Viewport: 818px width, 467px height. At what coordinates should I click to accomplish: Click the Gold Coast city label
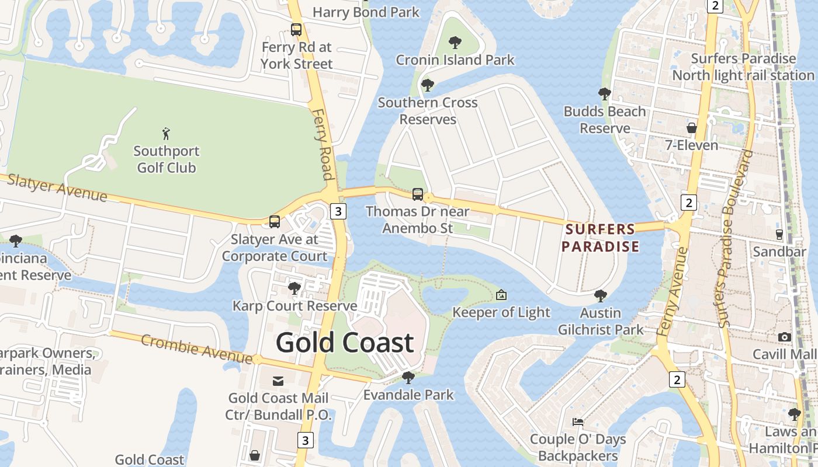[x=345, y=343]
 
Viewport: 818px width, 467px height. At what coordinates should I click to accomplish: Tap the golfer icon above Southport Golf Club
[x=167, y=134]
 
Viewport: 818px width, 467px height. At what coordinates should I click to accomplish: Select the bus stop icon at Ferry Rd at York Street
[x=296, y=29]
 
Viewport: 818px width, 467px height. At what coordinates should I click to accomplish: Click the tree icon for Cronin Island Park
[x=455, y=43]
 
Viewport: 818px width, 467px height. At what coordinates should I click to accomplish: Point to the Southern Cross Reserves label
[x=427, y=111]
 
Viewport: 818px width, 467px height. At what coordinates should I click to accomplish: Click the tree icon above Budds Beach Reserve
[x=605, y=93]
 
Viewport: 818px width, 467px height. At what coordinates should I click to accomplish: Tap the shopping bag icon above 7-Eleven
[x=692, y=127]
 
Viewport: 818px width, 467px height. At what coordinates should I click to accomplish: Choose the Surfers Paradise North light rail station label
[x=743, y=67]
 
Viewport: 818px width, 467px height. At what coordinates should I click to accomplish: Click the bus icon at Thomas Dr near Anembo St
[x=418, y=194]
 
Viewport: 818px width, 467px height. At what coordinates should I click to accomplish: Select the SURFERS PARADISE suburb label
[x=600, y=238]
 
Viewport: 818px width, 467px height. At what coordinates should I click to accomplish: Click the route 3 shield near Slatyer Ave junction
[x=338, y=211]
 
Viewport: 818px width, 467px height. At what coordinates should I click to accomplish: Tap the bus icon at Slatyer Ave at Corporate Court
[x=275, y=222]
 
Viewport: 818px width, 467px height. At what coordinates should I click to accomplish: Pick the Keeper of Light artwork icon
[x=501, y=295]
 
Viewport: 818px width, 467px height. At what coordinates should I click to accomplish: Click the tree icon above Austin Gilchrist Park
[x=601, y=296]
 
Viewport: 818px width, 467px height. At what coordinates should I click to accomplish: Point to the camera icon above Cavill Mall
[x=785, y=337]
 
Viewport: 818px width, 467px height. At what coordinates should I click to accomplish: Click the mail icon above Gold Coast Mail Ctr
[x=279, y=381]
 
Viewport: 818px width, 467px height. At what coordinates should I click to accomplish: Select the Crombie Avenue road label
[x=197, y=348]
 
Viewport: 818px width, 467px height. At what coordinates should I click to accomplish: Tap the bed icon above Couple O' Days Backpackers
[x=577, y=421]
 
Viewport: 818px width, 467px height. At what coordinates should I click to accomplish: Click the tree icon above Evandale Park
[x=408, y=378]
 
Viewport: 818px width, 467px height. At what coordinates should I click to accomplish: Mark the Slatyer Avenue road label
[x=57, y=188]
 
